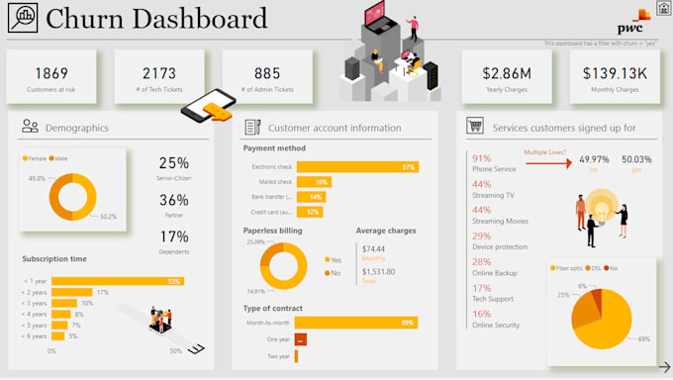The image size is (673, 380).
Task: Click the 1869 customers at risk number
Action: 50,72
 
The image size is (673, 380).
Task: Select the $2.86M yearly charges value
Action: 506,72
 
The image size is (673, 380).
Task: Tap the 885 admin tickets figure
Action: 267,72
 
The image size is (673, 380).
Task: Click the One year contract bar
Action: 301,339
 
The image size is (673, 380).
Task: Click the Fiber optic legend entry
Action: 568,267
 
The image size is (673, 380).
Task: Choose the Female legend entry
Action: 36,157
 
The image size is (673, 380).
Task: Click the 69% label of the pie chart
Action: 644,338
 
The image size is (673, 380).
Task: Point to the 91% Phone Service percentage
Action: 482,157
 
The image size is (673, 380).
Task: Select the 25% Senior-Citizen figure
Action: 173,163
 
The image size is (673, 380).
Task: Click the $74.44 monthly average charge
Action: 373,248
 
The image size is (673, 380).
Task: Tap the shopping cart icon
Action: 475,127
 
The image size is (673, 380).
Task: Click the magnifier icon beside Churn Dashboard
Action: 20,19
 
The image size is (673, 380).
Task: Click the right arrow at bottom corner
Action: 664,365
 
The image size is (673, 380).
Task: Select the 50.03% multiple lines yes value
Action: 636,158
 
